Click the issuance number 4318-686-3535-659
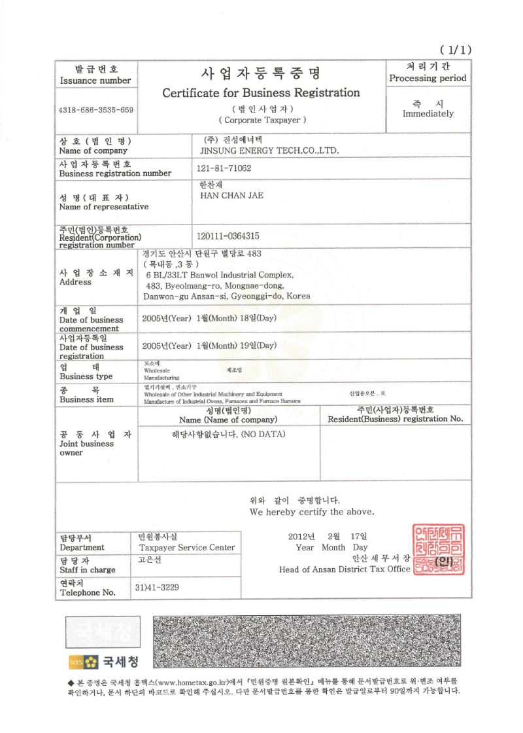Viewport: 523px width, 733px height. point(96,110)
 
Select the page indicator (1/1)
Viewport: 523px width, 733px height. point(456,49)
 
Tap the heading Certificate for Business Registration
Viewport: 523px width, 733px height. point(261,93)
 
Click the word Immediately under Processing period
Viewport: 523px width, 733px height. point(428,113)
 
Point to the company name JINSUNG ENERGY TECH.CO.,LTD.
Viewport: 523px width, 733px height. point(269,151)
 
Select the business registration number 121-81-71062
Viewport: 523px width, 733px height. point(224,168)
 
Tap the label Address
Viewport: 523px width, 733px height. point(71,283)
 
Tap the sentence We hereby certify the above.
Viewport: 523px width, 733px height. point(312,511)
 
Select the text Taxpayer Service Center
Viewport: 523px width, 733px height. point(187,547)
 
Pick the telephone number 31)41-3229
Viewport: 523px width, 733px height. point(157,587)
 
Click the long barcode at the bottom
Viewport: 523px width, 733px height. point(307,639)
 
